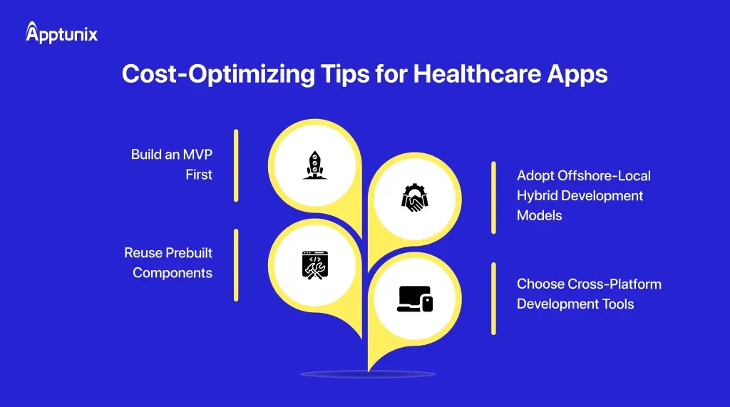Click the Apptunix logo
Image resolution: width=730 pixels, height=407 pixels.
pyautogui.click(x=61, y=33)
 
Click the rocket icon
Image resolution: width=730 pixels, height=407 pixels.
pyautogui.click(x=312, y=165)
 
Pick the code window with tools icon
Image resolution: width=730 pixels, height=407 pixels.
pyautogui.click(x=312, y=264)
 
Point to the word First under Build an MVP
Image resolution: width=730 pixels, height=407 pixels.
pyautogui.click(x=199, y=175)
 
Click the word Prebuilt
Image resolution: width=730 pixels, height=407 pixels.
pyautogui.click(x=189, y=252)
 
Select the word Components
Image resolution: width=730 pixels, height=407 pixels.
pyautogui.click(x=173, y=273)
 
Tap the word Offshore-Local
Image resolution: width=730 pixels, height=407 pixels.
pyautogui.click(x=605, y=175)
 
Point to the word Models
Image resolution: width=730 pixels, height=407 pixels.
pyautogui.click(x=539, y=215)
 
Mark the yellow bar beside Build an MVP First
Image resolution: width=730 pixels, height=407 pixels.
pyautogui.click(x=236, y=165)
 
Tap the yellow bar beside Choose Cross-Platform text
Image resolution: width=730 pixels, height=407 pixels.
pyautogui.click(x=493, y=298)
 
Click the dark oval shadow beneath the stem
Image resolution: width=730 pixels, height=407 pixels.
pyautogui.click(x=367, y=374)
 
